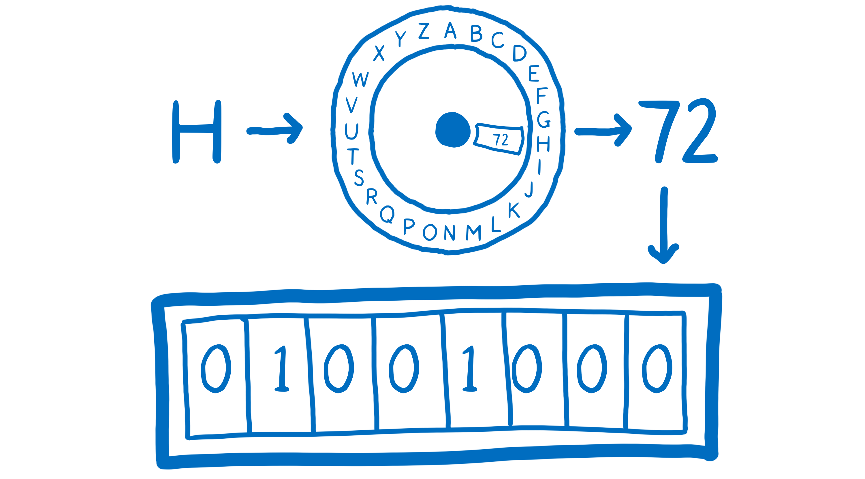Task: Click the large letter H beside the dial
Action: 197,132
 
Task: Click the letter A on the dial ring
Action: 450,31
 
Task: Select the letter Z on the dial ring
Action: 424,31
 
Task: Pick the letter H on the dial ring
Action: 543,144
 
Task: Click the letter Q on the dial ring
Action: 387,214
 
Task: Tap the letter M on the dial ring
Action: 473,232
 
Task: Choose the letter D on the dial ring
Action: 520,53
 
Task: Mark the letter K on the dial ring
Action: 514,210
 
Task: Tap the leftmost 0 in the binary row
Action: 216,369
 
